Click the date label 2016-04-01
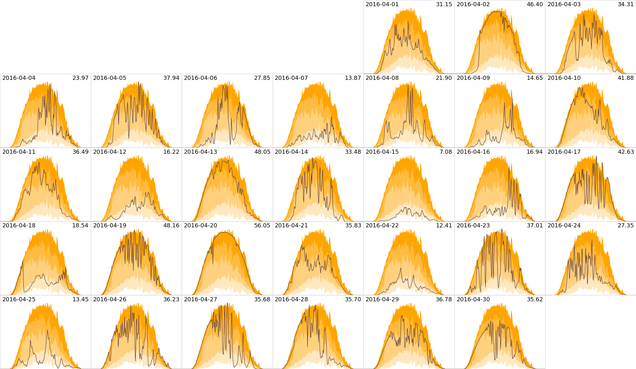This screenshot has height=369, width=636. click(382, 4)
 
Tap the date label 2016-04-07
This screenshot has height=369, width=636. click(291, 78)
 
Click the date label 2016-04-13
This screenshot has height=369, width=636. click(200, 152)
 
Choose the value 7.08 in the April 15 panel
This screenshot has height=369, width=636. click(445, 152)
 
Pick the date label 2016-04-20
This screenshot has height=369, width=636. click(200, 226)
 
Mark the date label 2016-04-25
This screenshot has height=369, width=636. click(19, 300)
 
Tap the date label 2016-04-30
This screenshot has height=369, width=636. click(473, 300)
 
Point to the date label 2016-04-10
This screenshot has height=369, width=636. click(564, 78)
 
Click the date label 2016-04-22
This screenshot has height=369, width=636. click(382, 226)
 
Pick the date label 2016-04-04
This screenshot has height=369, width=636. click(19, 78)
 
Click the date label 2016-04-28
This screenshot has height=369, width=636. click(291, 300)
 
